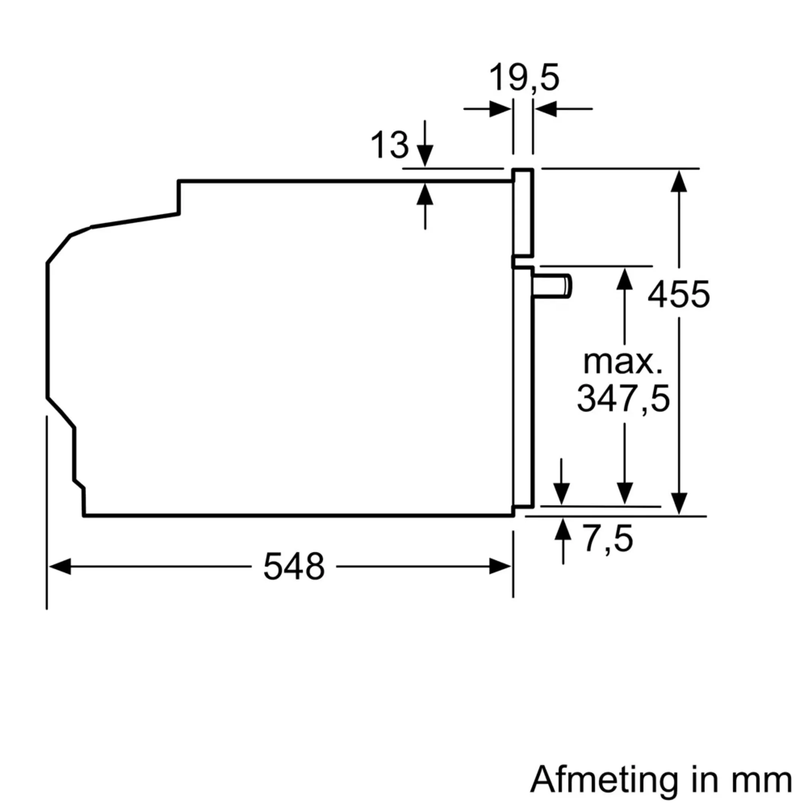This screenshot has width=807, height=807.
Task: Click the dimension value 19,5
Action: coord(523,78)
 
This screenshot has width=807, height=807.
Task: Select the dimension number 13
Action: coord(389,145)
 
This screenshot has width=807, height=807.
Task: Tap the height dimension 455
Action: coord(678,294)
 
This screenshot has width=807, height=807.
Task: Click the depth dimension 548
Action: coord(294,567)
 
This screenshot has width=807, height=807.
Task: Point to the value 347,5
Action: coord(623,399)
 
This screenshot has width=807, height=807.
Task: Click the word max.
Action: coord(622,362)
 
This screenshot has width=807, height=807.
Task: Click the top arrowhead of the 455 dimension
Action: coord(679,181)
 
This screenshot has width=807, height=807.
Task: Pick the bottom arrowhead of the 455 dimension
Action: coord(679,503)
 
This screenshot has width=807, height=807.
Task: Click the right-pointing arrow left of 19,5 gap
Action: coord(500,109)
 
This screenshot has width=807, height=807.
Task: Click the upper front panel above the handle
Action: coord(523,213)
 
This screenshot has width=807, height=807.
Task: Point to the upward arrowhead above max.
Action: coord(624,279)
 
